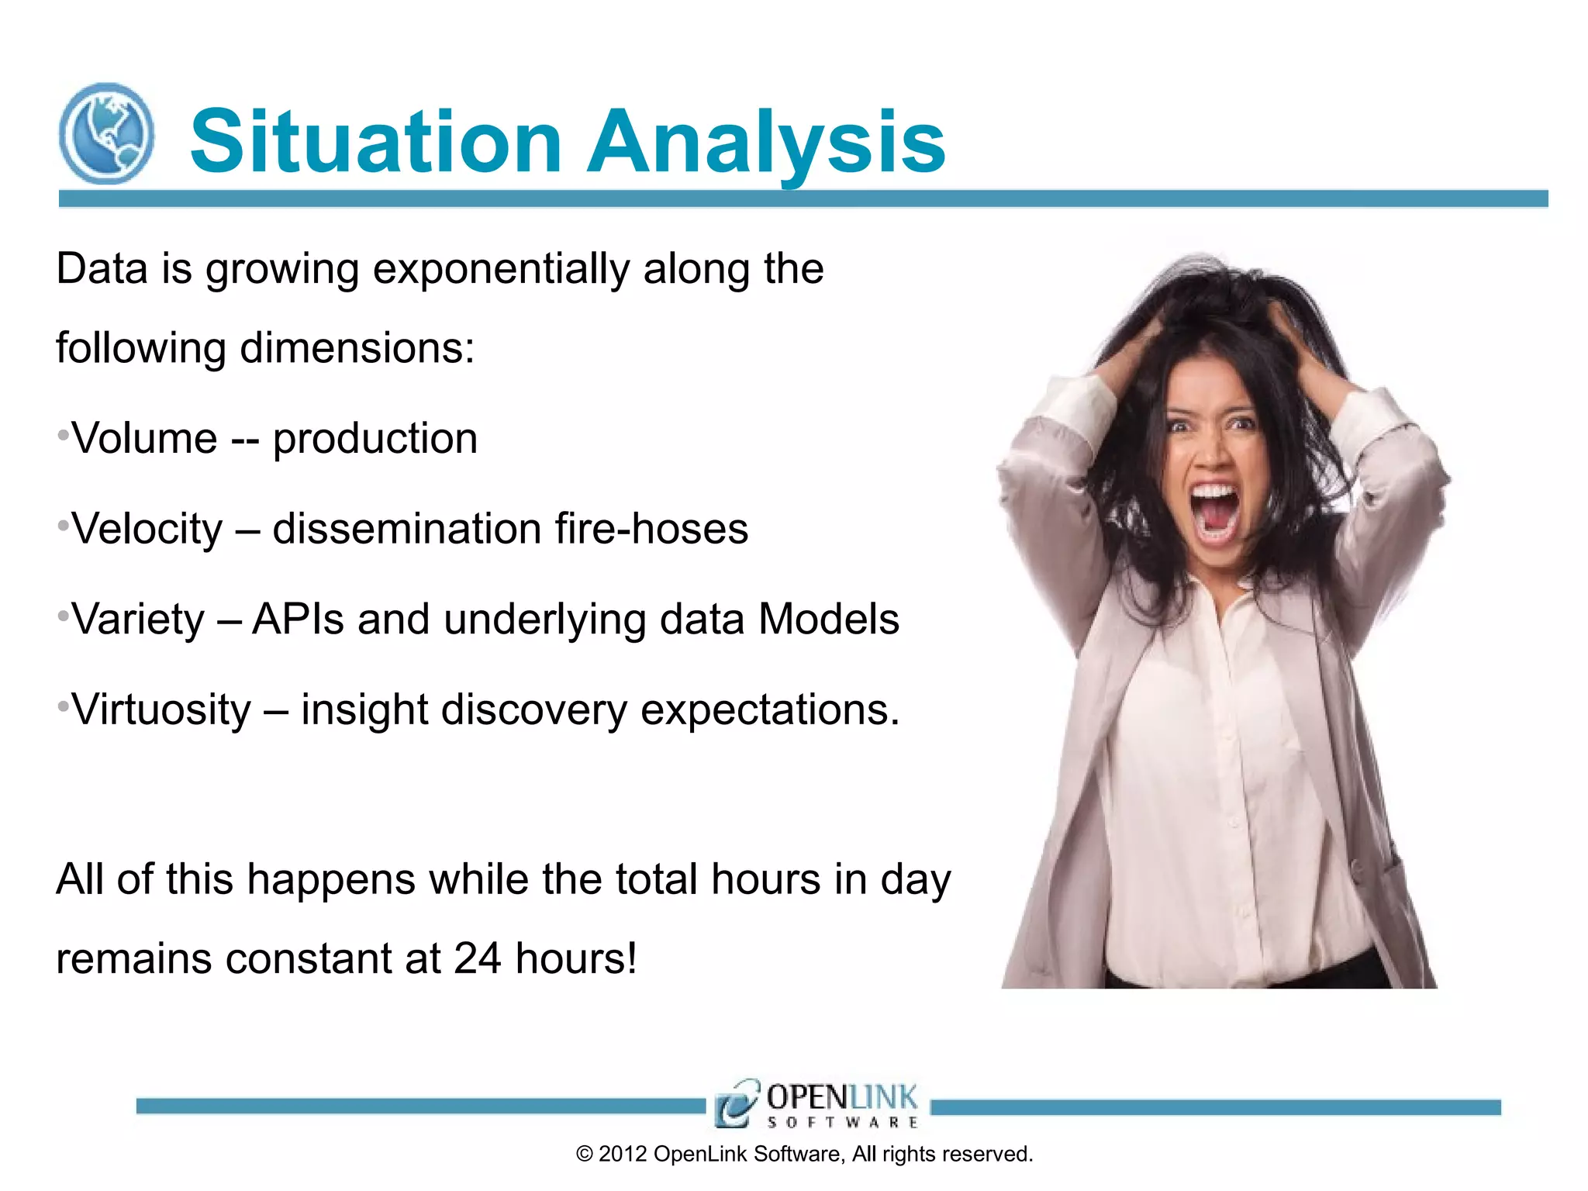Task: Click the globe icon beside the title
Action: (106, 133)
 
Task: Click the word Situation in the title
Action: (375, 141)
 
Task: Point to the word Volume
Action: (144, 439)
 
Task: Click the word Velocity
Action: (147, 530)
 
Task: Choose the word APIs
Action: (298, 620)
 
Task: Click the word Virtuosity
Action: (161, 709)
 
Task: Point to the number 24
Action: (477, 958)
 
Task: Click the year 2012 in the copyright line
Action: (623, 1155)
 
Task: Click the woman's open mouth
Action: (1214, 513)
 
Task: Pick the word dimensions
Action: (357, 348)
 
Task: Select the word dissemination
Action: (406, 530)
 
